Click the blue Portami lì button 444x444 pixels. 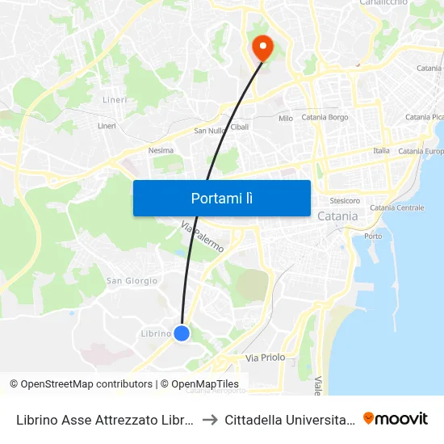[x=221, y=198]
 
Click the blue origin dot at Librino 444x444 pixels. [x=182, y=333]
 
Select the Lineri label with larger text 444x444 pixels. [x=115, y=100]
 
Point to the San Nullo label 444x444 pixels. [x=210, y=130]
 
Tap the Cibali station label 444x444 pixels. [x=240, y=127]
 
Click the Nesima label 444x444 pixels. [x=161, y=150]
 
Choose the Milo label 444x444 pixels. [x=286, y=118]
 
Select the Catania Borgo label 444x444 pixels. [x=325, y=117]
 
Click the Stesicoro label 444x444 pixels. [x=345, y=200]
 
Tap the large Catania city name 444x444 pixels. [x=337, y=216]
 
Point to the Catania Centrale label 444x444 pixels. [x=396, y=207]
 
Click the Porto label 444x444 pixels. [x=373, y=236]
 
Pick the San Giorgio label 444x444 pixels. [x=132, y=281]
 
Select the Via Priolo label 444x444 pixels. [x=265, y=357]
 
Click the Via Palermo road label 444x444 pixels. [x=203, y=237]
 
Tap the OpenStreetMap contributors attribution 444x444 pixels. [x=81, y=384]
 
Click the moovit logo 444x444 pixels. [x=395, y=418]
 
